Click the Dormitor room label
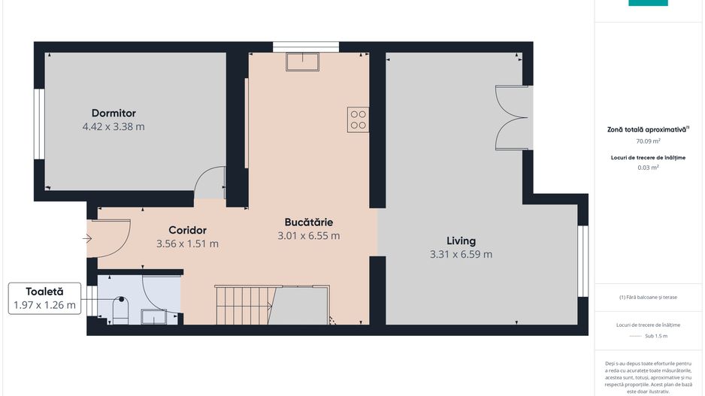pos(113,113)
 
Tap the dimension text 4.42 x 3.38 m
pos(113,127)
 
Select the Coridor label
pos(187,230)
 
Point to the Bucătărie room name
pos(308,222)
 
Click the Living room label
pos(461,241)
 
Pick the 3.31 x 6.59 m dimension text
pos(461,255)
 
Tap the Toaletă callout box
pos(44,298)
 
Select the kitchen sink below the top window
pos(302,61)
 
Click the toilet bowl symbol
pos(120,310)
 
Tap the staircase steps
pos(242,305)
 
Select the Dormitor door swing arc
pos(210,182)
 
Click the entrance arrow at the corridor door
pos(87,240)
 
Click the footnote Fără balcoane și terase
pos(648,298)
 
